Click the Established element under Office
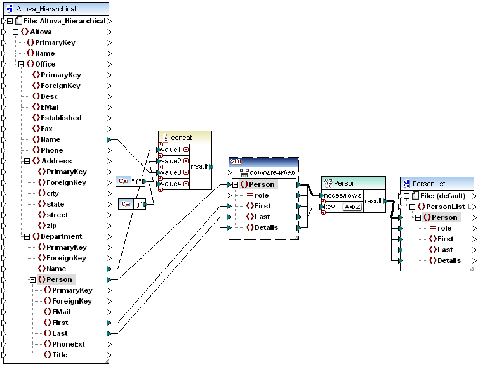coord(61,118)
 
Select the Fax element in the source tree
coord(47,129)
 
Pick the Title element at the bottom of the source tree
coord(60,355)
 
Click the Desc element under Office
coord(49,96)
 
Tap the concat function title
coord(181,138)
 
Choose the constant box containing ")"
coord(134,204)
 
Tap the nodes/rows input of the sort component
coord(342,195)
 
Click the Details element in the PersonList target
coord(449,260)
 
